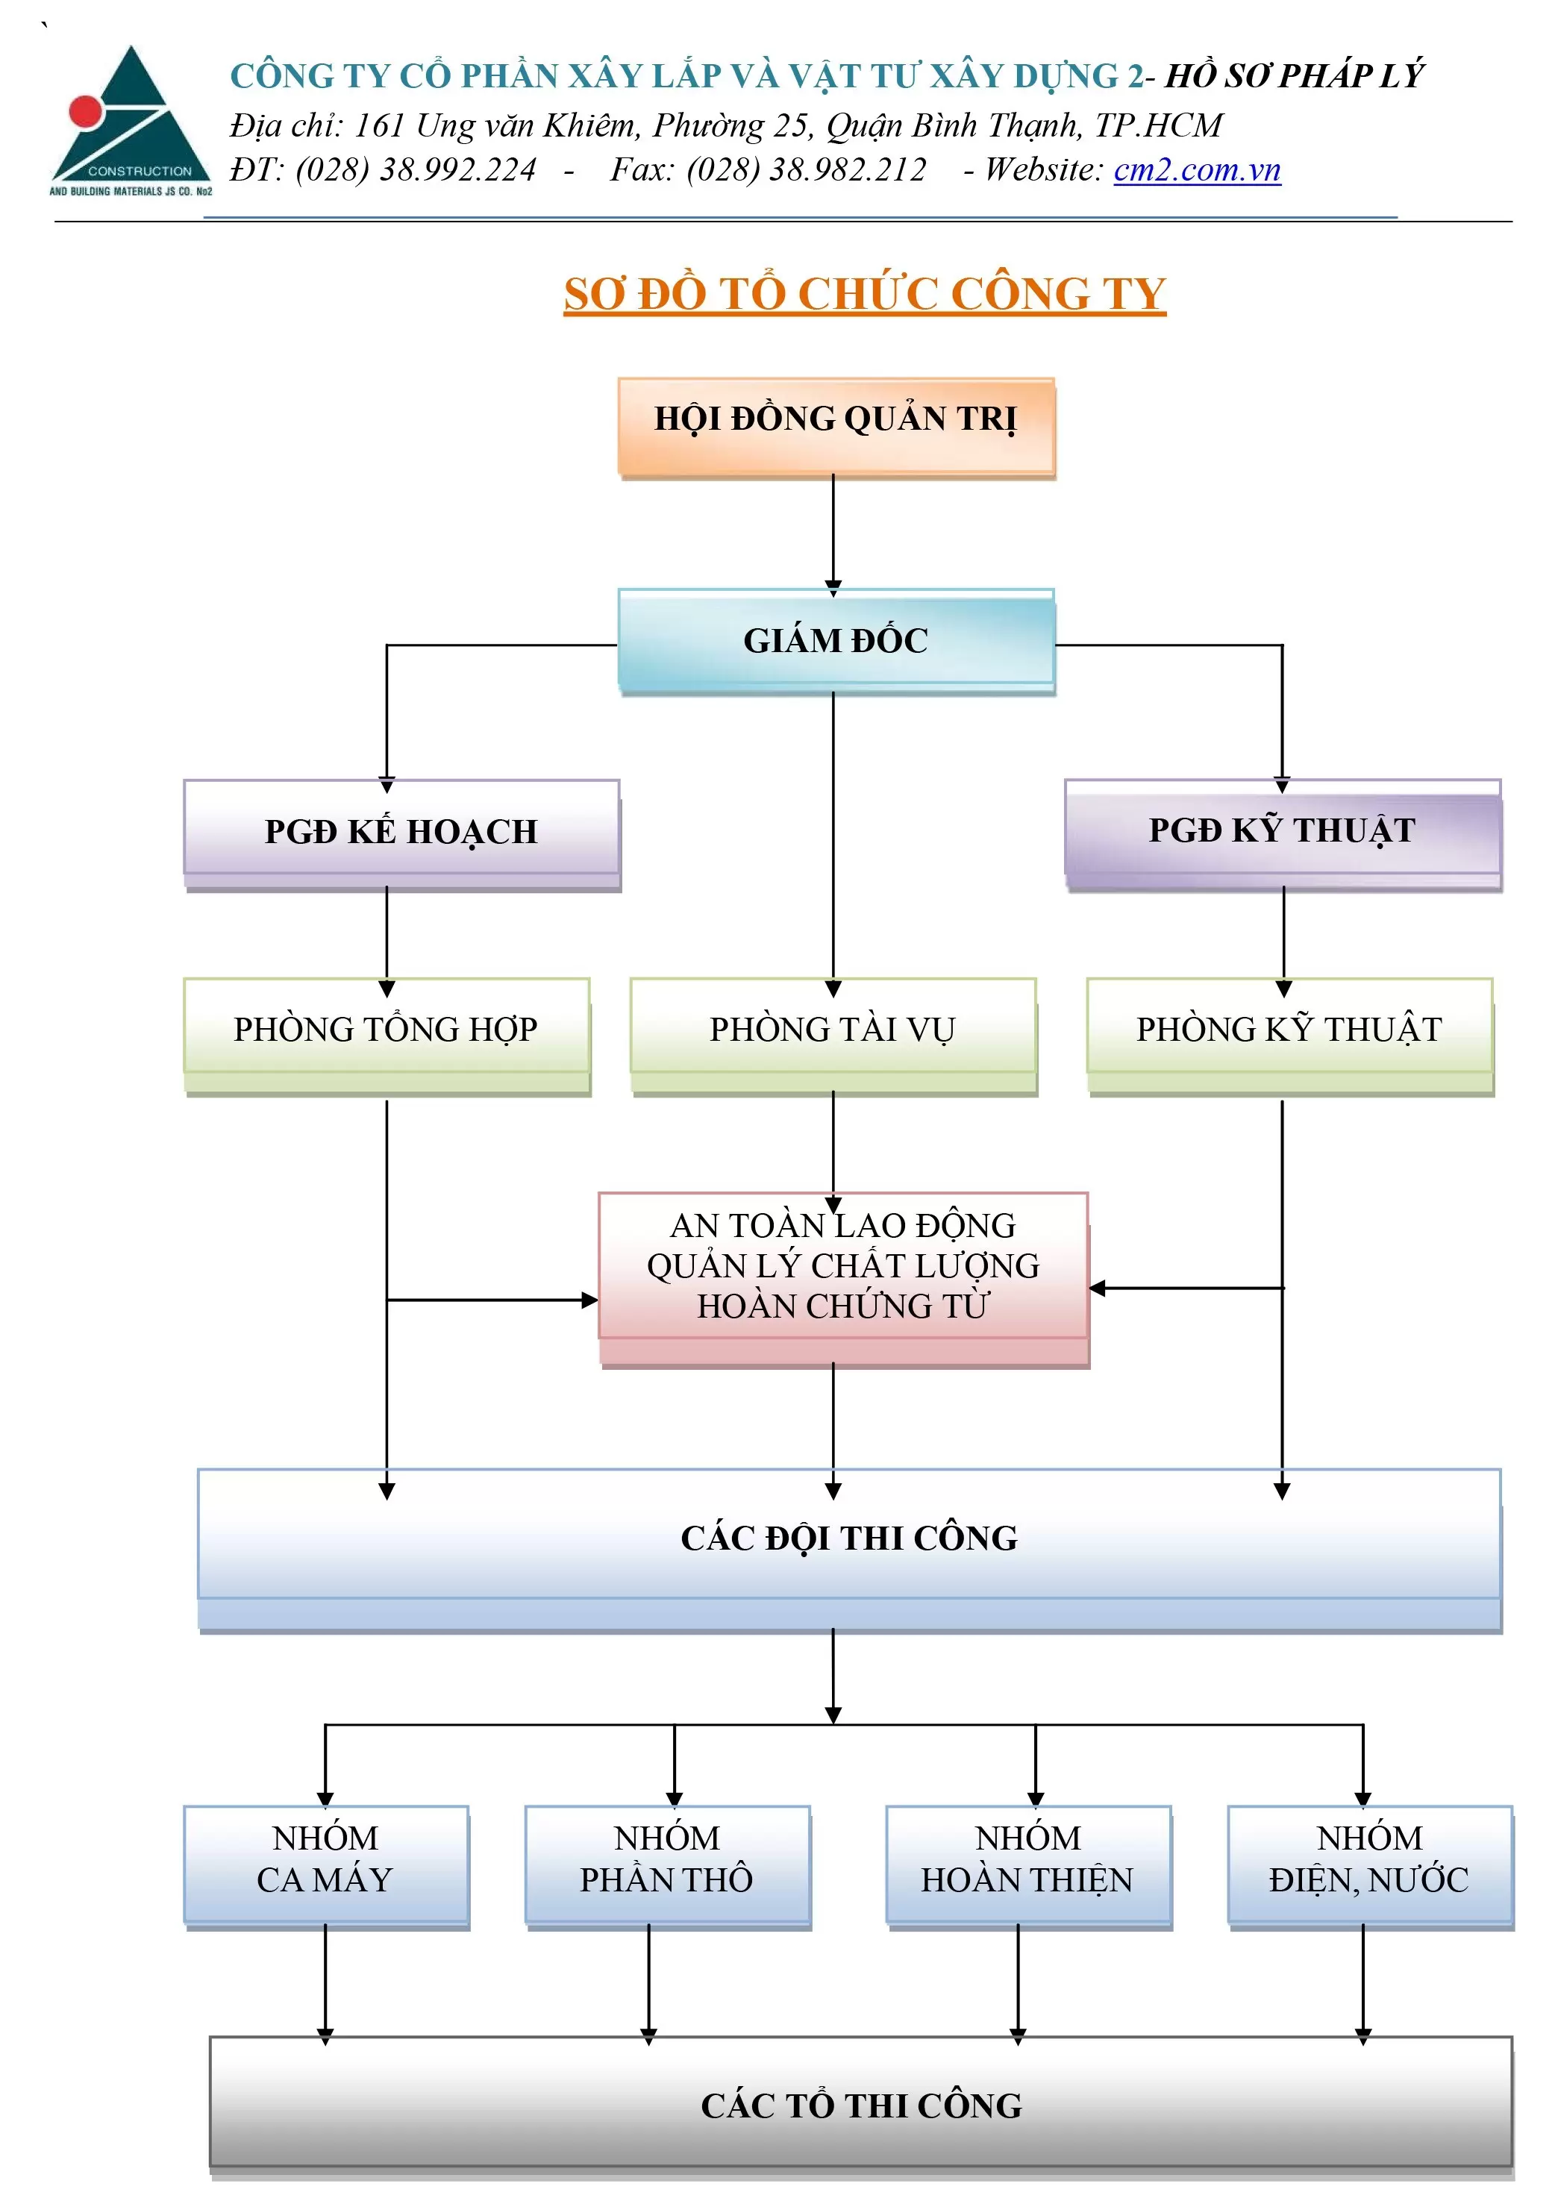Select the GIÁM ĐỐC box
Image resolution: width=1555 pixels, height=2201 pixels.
coord(835,639)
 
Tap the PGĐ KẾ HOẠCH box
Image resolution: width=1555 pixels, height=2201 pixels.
coord(401,831)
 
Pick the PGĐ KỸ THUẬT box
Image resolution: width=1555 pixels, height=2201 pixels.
coord(1282,830)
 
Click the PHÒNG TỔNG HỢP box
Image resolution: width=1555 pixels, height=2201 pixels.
coord(386,1030)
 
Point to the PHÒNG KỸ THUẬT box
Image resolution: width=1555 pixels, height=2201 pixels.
coord(1289,1030)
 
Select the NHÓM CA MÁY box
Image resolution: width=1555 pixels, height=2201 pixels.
coord(325,1860)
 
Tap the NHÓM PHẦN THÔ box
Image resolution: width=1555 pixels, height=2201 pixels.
coord(666,1860)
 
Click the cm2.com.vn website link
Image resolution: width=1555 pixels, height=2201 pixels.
coord(1196,169)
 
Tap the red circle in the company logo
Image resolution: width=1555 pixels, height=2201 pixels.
coord(85,112)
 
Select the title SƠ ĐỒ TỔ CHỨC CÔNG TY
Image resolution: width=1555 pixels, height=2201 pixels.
coord(864,293)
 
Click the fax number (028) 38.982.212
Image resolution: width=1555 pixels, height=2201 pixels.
coord(807,169)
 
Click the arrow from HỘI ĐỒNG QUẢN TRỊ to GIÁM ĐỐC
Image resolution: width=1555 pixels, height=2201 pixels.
coord(833,532)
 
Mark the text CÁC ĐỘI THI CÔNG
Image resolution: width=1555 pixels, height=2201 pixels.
coord(848,1538)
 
